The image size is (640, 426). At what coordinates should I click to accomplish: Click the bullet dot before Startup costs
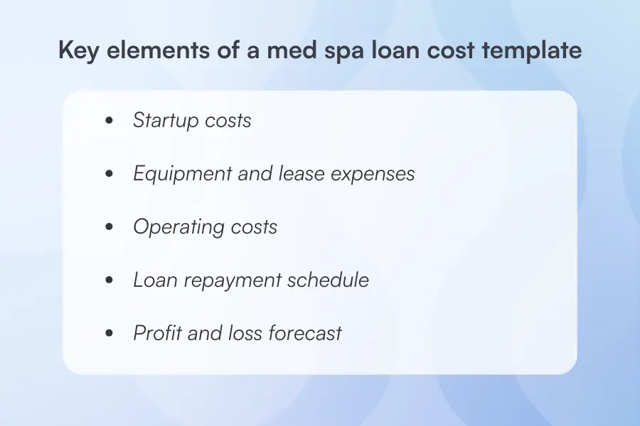(x=109, y=121)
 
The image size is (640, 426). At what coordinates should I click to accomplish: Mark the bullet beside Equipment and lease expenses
(x=109, y=175)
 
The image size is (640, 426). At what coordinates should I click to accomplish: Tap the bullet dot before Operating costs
(x=109, y=228)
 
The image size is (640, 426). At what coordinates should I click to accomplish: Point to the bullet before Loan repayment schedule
(x=109, y=281)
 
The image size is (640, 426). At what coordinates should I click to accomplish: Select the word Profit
(x=157, y=333)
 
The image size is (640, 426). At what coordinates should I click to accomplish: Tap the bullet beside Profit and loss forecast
(x=109, y=334)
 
